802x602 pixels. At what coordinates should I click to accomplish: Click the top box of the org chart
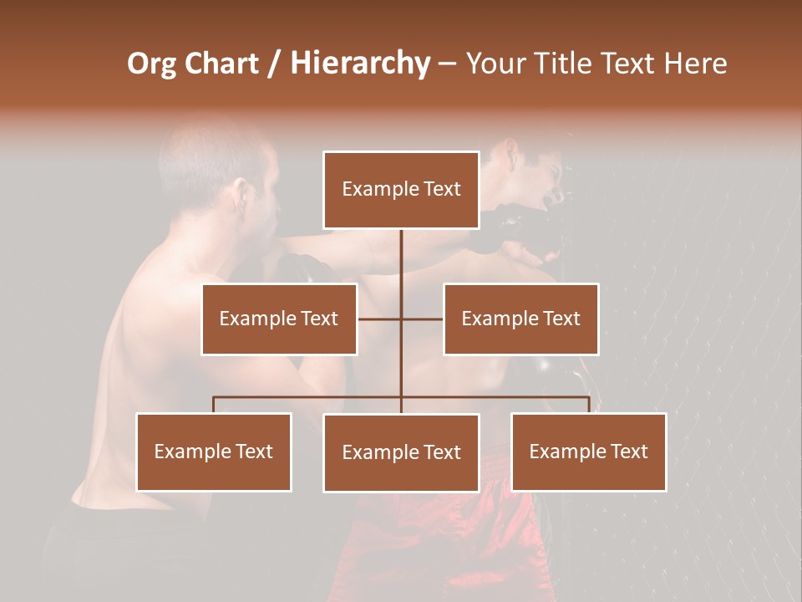pos(401,190)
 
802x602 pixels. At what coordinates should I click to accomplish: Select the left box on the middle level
pos(279,319)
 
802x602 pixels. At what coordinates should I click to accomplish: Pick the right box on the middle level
pos(520,319)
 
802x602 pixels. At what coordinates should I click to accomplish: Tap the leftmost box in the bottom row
pos(214,451)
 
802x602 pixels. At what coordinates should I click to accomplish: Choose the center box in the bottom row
pos(401,452)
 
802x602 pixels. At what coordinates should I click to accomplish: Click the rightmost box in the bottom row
pos(589,451)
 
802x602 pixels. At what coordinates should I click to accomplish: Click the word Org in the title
pos(151,64)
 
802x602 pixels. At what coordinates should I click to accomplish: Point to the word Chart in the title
pos(221,64)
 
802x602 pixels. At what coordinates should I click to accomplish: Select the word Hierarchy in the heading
pos(360,64)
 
